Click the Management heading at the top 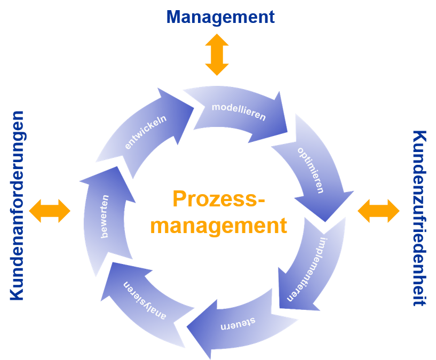pos(220,17)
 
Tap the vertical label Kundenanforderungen pos(18,205)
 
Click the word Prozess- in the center pos(219,199)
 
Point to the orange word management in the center pos(219,225)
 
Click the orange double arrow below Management pos(217,55)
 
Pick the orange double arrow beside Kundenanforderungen pos(50,211)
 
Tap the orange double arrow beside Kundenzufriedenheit pos(378,211)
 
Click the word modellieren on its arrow pos(239,111)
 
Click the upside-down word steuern pos(237,323)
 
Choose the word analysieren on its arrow pos(146,300)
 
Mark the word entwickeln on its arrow pos(146,132)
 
